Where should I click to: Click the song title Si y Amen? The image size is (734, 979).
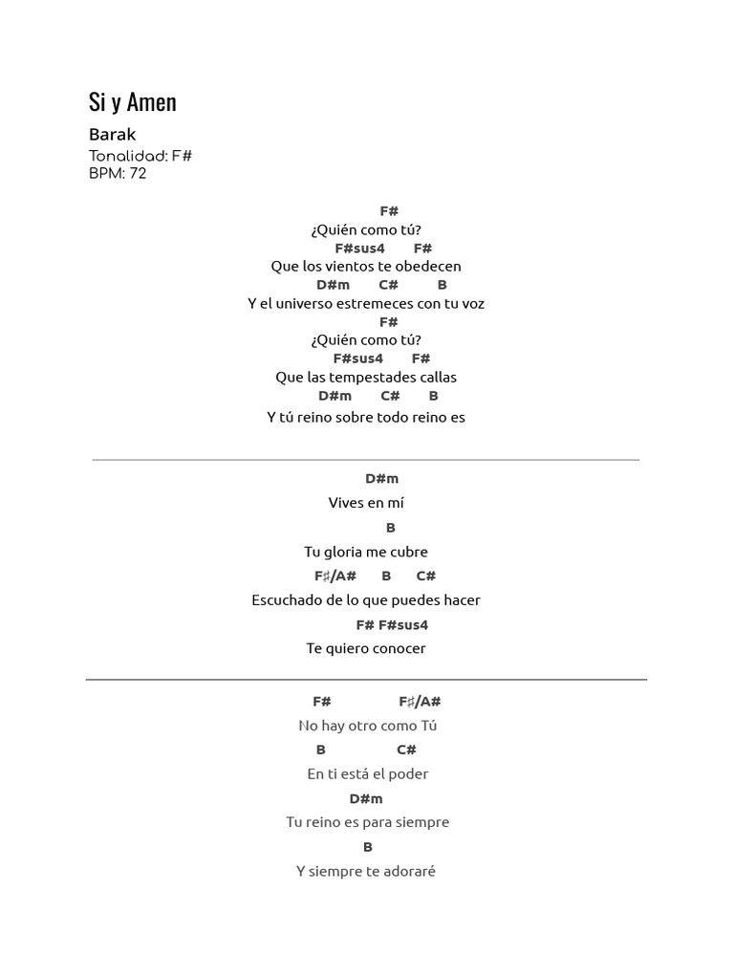132,102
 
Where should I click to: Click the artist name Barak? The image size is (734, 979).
113,134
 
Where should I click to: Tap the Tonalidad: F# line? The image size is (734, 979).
140,156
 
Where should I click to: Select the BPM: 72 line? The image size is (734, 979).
118,173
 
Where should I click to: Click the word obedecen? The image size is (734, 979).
428,267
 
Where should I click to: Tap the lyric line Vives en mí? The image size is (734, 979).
366,503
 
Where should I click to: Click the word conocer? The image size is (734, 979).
399,649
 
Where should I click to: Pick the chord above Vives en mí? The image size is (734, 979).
382,479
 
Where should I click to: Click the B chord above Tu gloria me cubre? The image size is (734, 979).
391,528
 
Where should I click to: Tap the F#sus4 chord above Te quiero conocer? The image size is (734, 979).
403,625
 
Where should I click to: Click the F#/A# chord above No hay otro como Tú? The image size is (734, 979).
421,702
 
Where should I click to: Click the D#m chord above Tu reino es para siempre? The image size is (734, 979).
366,798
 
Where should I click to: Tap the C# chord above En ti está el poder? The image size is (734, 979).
406,750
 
